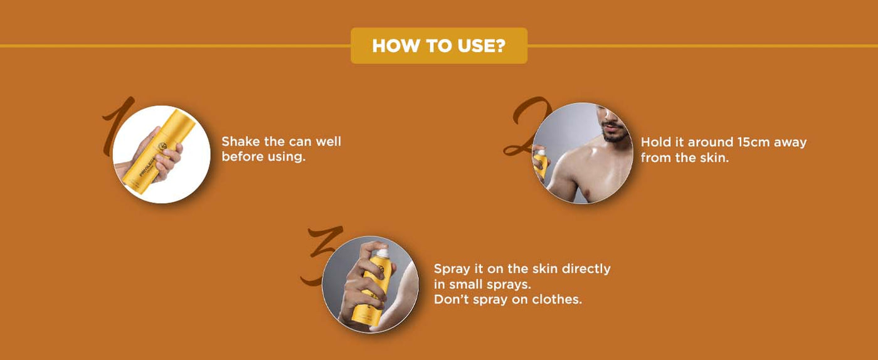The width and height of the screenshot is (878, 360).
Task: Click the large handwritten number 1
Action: click(x=118, y=125)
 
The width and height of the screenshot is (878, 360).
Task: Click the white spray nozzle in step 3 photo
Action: click(x=381, y=251)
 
